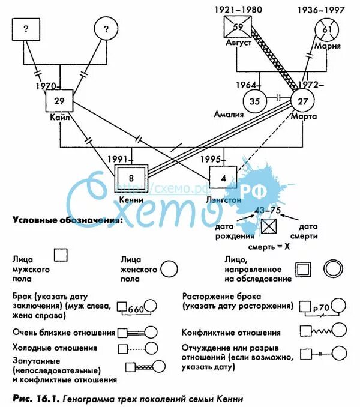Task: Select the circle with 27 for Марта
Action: point(303,100)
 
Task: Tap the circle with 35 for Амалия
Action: point(255,100)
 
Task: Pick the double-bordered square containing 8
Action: point(132,178)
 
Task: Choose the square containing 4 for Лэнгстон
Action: point(223,178)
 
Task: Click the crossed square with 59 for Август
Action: point(236,28)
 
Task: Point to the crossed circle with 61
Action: point(326,29)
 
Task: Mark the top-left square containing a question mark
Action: point(26,29)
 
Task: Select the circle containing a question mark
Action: point(108,29)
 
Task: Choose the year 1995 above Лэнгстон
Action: point(210,159)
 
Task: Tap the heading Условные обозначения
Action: point(67,220)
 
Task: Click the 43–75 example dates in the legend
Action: point(268,210)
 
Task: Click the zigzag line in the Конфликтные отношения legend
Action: point(325,330)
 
